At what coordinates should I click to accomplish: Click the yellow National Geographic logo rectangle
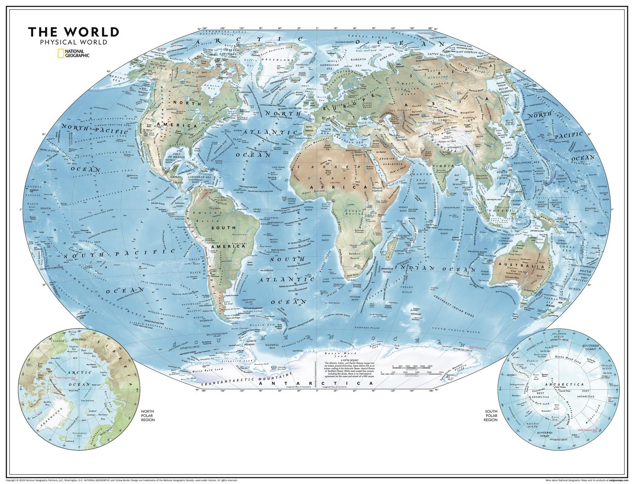click(x=61, y=53)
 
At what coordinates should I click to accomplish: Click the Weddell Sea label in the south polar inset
click(x=533, y=360)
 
